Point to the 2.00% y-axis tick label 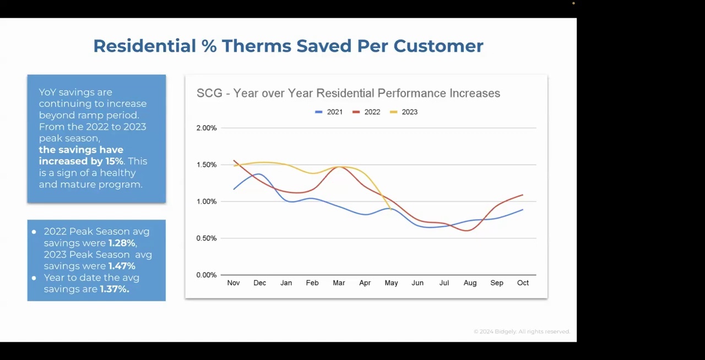coord(207,128)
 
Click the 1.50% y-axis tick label coord(207,165)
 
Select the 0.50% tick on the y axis coord(207,238)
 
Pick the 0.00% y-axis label coord(207,275)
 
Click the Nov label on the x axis coord(234,283)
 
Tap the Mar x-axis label coord(339,283)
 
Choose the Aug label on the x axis coord(470,283)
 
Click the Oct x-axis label coord(523,283)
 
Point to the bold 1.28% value coord(122,243)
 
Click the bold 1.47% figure coord(122,266)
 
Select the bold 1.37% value coord(114,289)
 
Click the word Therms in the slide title coord(257,46)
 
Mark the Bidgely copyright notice coord(522,331)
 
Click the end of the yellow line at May coord(391,210)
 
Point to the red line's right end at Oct coord(522,195)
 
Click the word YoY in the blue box coord(47,92)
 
